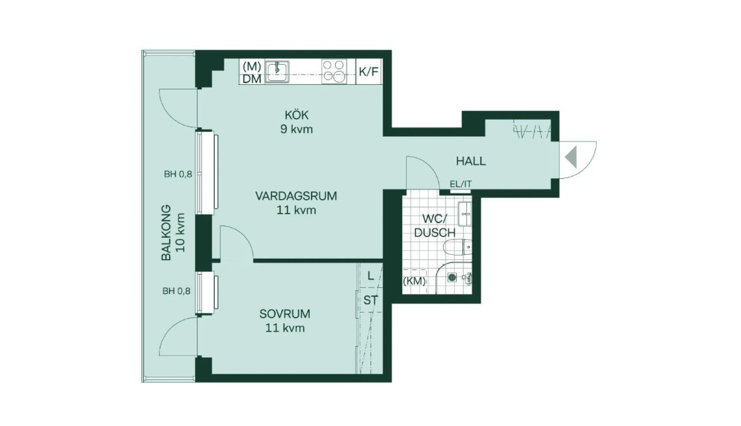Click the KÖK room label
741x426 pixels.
click(x=297, y=114)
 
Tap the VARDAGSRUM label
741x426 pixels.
click(x=296, y=196)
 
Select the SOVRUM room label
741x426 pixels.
click(x=284, y=313)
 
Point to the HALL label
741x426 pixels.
click(x=471, y=161)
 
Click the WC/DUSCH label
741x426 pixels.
click(x=434, y=226)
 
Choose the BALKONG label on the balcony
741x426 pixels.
click(x=166, y=232)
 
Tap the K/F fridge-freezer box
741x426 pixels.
click(x=369, y=72)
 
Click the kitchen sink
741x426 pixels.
click(x=277, y=72)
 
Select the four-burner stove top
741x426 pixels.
click(x=334, y=72)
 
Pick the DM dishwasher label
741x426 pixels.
click(x=252, y=79)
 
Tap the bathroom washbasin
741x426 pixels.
click(x=464, y=213)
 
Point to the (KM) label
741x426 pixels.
click(x=414, y=281)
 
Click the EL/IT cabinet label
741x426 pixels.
click(x=461, y=184)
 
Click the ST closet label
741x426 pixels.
click(x=370, y=300)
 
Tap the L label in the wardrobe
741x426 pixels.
click(x=370, y=276)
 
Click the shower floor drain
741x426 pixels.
click(x=452, y=278)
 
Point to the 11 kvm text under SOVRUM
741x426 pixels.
click(x=284, y=328)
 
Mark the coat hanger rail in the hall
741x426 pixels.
click(x=533, y=131)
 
